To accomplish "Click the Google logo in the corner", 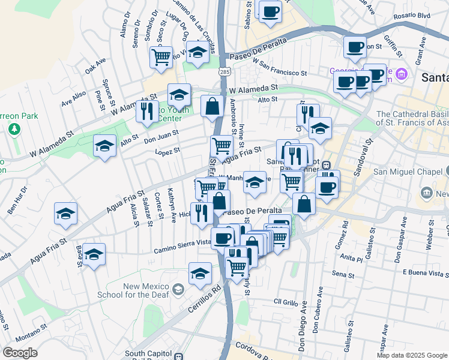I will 20,353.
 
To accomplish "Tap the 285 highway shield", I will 224,72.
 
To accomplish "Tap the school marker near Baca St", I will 94,254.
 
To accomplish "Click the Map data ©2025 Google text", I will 411,355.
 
